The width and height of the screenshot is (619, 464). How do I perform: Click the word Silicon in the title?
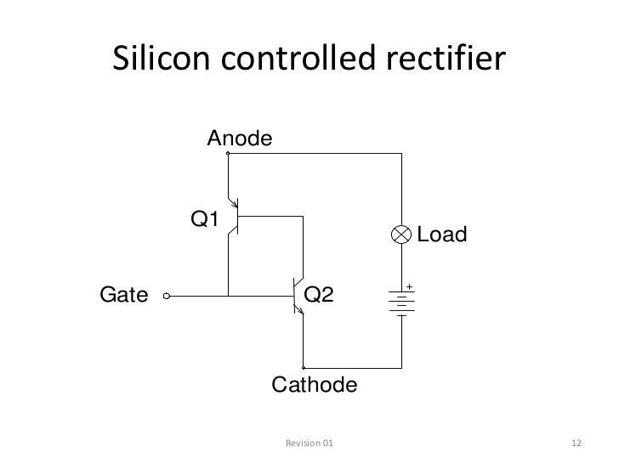click(x=162, y=59)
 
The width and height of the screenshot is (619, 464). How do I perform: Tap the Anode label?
click(x=240, y=138)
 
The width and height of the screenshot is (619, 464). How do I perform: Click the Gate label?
click(x=124, y=296)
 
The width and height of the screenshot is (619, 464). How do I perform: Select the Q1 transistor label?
click(x=205, y=220)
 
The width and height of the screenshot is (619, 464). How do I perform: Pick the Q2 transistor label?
click(x=319, y=295)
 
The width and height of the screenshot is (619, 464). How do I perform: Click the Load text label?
click(x=442, y=235)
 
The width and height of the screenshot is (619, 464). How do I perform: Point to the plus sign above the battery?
click(x=409, y=286)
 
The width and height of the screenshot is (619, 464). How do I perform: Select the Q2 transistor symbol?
click(x=298, y=297)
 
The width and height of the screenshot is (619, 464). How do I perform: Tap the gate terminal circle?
click(x=168, y=297)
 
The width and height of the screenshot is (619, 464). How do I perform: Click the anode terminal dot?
click(x=228, y=154)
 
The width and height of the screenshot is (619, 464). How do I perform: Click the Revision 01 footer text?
click(x=309, y=444)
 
